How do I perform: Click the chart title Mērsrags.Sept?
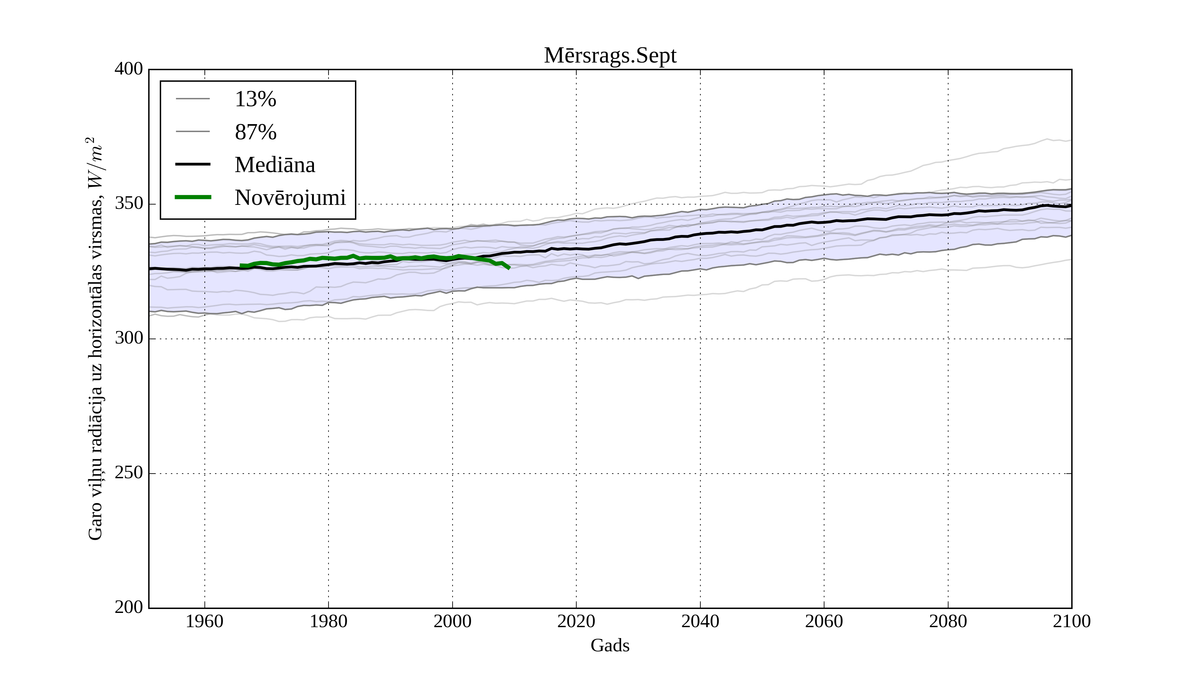610,56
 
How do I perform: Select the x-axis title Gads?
610,645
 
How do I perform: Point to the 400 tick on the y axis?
129,69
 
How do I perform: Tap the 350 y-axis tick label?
129,204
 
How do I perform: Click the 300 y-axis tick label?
129,339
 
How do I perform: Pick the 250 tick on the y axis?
129,473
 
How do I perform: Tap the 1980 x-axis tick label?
329,621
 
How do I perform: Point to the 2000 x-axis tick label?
452,621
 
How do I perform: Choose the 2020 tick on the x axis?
576,621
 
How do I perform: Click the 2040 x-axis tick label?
700,621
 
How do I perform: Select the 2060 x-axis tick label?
824,621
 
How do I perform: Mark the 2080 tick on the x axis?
948,621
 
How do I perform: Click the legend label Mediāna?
275,165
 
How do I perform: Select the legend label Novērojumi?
290,198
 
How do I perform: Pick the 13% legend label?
255,99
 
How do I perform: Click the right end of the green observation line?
509,268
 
